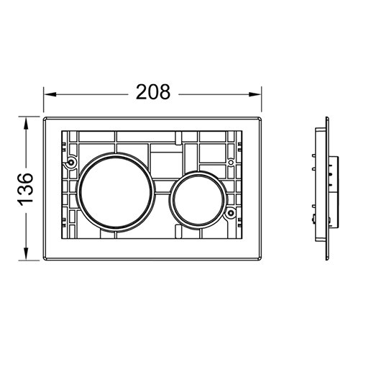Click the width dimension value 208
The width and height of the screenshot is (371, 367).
tap(153, 92)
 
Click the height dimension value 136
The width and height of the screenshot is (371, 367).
tap(25, 189)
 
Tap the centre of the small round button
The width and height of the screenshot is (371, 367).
tap(198, 200)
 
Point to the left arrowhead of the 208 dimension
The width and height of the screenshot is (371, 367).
tap(50, 94)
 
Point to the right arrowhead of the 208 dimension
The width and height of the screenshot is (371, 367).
tap(255, 94)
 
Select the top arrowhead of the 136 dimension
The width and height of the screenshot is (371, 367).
tap(26, 123)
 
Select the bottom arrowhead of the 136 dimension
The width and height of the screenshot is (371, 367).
tap(26, 254)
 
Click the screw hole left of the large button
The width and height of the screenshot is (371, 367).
tap(71, 163)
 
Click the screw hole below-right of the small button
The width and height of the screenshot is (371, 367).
tap(231, 213)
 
